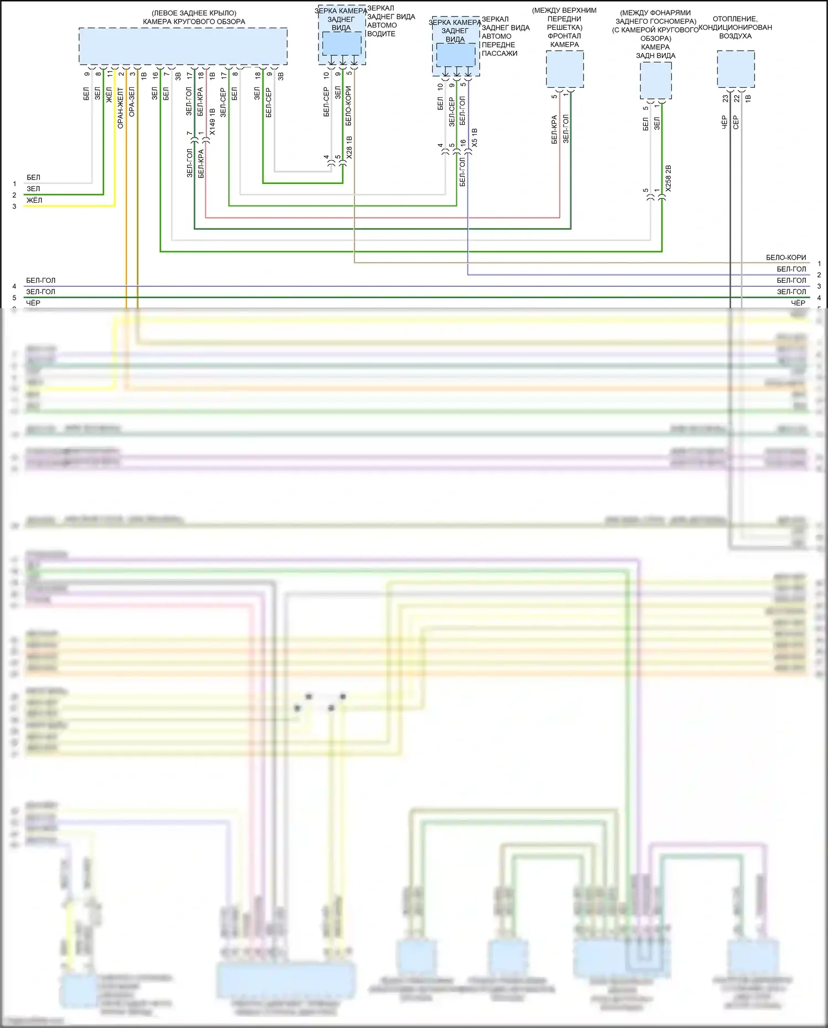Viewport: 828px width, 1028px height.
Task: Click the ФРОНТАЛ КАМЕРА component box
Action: pyautogui.click(x=565, y=69)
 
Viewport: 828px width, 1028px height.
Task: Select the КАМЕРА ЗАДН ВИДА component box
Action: pyautogui.click(x=656, y=81)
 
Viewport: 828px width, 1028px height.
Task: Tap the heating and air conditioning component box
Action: pyautogui.click(x=736, y=69)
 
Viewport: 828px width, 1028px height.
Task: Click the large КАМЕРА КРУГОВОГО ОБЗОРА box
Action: pyautogui.click(x=183, y=46)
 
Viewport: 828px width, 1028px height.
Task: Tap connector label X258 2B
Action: pyautogui.click(x=668, y=178)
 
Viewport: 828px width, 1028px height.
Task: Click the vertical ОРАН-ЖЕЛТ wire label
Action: pyautogui.click(x=121, y=108)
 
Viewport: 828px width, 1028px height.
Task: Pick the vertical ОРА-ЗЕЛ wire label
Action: pyautogui.click(x=132, y=101)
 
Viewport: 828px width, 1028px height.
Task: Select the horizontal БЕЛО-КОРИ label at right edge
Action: pyautogui.click(x=785, y=258)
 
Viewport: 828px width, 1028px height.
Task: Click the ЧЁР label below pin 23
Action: pyautogui.click(x=725, y=122)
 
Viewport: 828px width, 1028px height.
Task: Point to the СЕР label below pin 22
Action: pyautogui.click(x=736, y=122)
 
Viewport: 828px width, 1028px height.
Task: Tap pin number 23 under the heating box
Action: pyautogui.click(x=725, y=98)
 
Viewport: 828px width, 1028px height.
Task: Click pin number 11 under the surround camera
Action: pyautogui.click(x=110, y=73)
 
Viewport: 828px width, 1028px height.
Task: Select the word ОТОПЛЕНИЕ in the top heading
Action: pyautogui.click(x=735, y=19)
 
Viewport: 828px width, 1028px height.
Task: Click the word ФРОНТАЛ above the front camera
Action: pyautogui.click(x=564, y=36)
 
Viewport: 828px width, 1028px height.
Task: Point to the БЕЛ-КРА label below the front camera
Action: pyautogui.click(x=554, y=130)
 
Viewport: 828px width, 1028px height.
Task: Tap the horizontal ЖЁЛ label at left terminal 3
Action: pyautogui.click(x=34, y=200)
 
